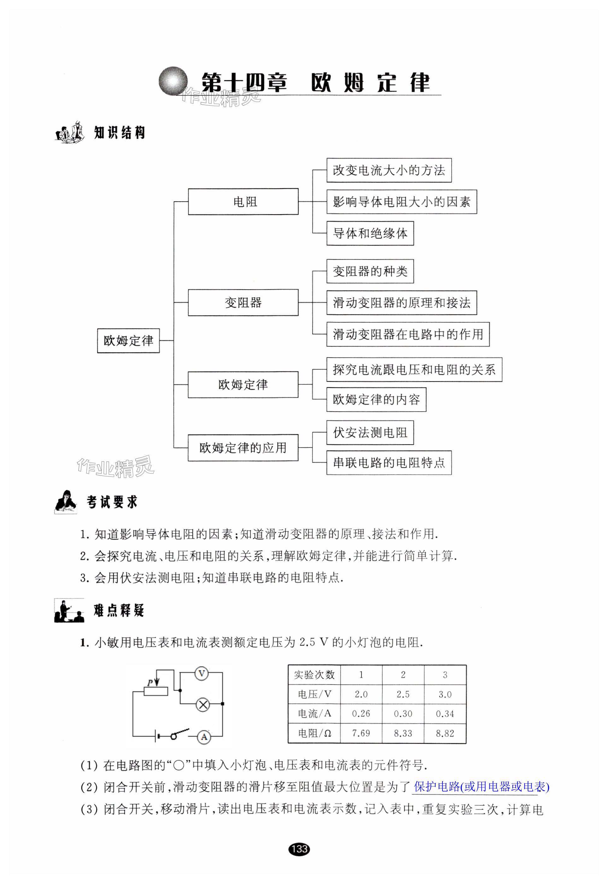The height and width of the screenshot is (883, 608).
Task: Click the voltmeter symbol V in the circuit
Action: pyautogui.click(x=202, y=674)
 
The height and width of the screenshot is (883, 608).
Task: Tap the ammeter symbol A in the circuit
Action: pyautogui.click(x=204, y=737)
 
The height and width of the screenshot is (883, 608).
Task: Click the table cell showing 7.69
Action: pyautogui.click(x=361, y=733)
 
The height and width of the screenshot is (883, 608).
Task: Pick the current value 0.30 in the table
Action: pyautogui.click(x=403, y=714)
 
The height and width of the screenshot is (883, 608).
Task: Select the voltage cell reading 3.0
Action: pyautogui.click(x=445, y=694)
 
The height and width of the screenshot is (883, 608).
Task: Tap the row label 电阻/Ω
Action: pyautogui.click(x=314, y=733)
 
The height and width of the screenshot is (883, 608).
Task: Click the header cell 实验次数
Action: pyautogui.click(x=314, y=675)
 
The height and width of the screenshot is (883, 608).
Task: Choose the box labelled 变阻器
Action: pyautogui.click(x=243, y=303)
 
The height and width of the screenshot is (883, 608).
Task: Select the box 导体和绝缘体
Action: pyautogui.click(x=370, y=233)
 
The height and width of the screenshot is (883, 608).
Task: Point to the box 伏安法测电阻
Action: pyautogui.click(x=370, y=433)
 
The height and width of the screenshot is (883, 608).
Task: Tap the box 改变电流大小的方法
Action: pyautogui.click(x=389, y=170)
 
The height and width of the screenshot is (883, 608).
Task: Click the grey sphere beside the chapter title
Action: pyautogui.click(x=173, y=81)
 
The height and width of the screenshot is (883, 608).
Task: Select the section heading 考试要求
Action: pyautogui.click(x=112, y=502)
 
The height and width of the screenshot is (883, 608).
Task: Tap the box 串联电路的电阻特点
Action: pyautogui.click(x=389, y=463)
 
